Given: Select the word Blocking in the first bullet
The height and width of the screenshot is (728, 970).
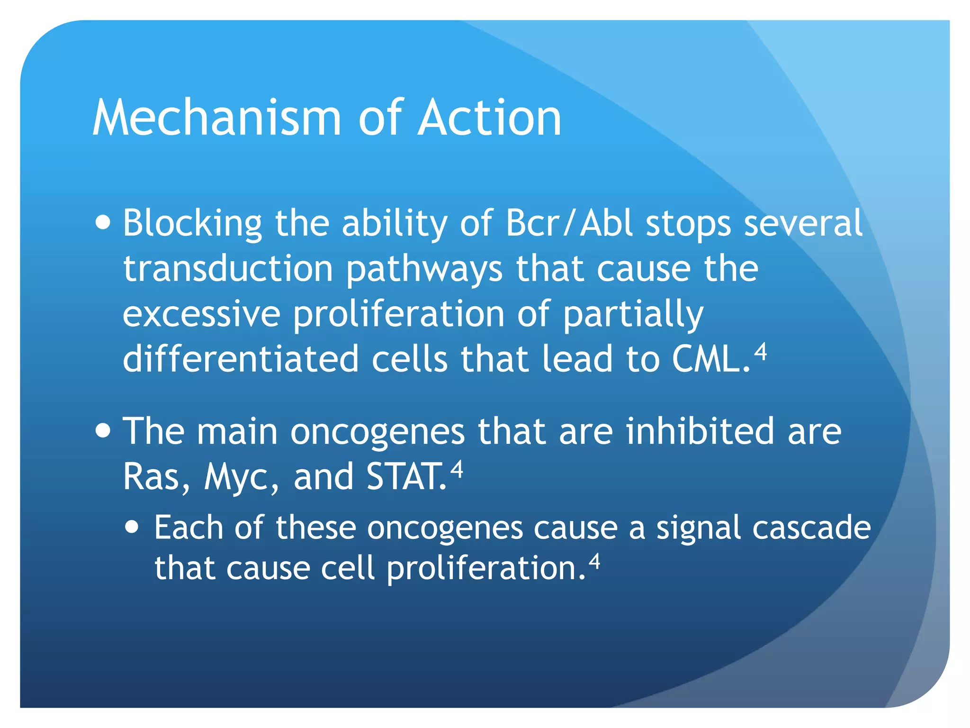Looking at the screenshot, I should (192, 224).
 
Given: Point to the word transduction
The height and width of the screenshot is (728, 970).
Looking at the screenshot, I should (228, 268).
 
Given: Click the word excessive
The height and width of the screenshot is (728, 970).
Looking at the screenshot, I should (201, 314).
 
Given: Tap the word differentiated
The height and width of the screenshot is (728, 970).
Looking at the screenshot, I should (240, 359).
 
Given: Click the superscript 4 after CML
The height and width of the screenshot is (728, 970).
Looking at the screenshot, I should (760, 352).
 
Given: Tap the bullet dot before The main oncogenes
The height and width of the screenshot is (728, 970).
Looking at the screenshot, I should (103, 431).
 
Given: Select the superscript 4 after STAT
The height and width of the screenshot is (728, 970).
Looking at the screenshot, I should (456, 469).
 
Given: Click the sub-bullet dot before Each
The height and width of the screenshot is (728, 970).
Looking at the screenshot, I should (133, 527).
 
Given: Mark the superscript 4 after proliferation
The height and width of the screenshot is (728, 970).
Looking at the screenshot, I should (594, 561).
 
